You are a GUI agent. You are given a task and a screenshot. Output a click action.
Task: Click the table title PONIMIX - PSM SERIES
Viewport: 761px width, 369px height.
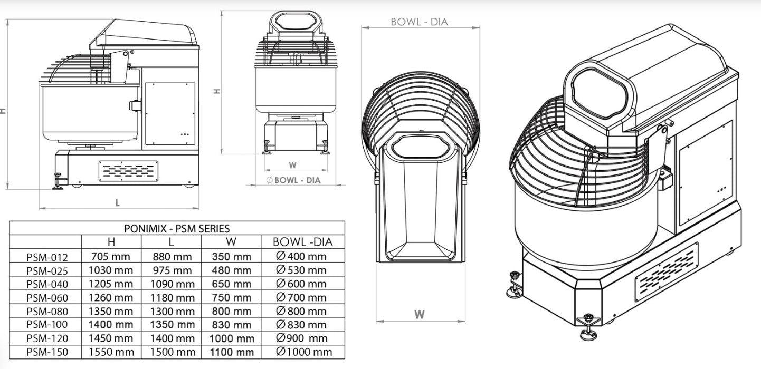point(177,228)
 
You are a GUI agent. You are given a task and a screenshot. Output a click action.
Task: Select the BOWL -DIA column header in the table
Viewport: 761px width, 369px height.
point(303,242)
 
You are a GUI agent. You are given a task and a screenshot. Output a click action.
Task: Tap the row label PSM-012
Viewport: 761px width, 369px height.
point(47,257)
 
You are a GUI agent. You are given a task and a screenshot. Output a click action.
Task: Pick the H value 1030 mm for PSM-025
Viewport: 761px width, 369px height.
point(111,270)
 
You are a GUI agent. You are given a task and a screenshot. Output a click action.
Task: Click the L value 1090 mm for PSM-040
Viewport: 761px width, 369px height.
point(173,284)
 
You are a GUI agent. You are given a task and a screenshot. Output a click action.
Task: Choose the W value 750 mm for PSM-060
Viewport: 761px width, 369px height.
point(231,297)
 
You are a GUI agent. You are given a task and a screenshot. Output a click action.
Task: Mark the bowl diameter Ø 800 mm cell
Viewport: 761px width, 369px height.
point(301,311)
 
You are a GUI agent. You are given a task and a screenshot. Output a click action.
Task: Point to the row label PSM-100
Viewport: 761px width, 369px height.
point(47,325)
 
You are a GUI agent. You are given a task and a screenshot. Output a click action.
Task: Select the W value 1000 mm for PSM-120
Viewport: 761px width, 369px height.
point(232,338)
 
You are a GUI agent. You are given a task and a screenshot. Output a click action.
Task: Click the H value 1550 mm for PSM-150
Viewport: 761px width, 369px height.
point(111,352)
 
